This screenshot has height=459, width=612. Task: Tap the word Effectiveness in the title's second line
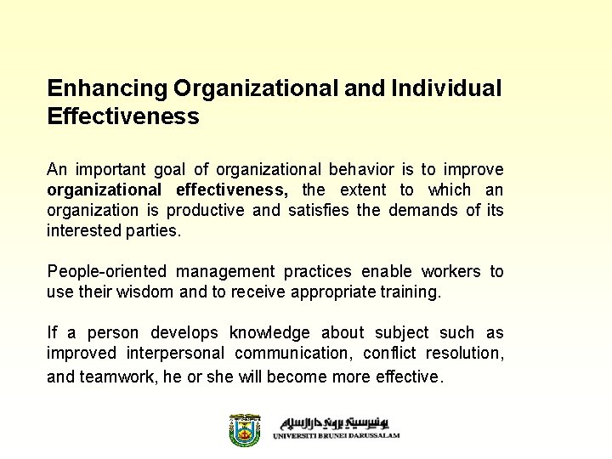coord(123,116)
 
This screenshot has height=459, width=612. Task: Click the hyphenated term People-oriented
coord(106,271)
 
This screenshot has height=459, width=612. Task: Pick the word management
coord(225,271)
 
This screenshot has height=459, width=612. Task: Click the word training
coord(412,292)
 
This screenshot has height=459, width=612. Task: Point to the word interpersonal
coord(175,353)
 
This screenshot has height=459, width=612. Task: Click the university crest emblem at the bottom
coord(245,430)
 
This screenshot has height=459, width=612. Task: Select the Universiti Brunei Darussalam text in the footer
coord(336,436)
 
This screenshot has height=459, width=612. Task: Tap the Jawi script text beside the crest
coord(340,422)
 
